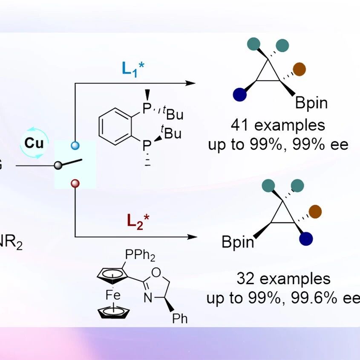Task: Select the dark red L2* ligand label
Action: point(138,222)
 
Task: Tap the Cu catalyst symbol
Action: point(34,143)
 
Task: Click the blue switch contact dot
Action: point(75,145)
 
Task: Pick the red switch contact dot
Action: point(75,184)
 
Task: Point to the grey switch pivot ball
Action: point(58,165)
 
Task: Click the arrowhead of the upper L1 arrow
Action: point(190,83)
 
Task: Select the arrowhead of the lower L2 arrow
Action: point(192,237)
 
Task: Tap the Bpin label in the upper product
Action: point(311,103)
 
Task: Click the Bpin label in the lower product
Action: point(238,242)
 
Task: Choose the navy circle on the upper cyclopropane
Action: point(240,95)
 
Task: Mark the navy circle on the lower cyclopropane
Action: point(306,239)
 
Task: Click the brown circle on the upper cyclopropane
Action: point(300,69)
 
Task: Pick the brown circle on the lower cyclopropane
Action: point(315,212)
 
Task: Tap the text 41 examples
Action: point(278,125)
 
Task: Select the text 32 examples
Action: point(284,279)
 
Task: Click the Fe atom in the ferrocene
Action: point(113,295)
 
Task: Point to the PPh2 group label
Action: point(140,255)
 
